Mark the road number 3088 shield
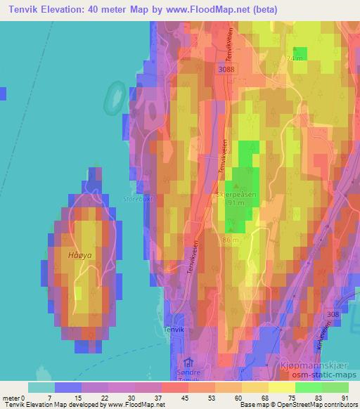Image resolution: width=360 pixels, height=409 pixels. (x=226, y=70)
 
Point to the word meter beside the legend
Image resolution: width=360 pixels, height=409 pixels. (x=11, y=398)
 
